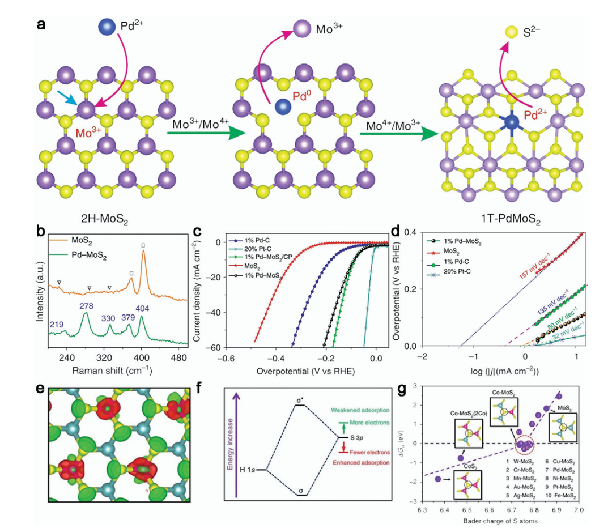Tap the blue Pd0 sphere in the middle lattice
pos(282,105)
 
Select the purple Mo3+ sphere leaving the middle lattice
pos(302,29)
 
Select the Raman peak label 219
pos(56,324)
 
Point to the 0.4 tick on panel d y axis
pos(412,232)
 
